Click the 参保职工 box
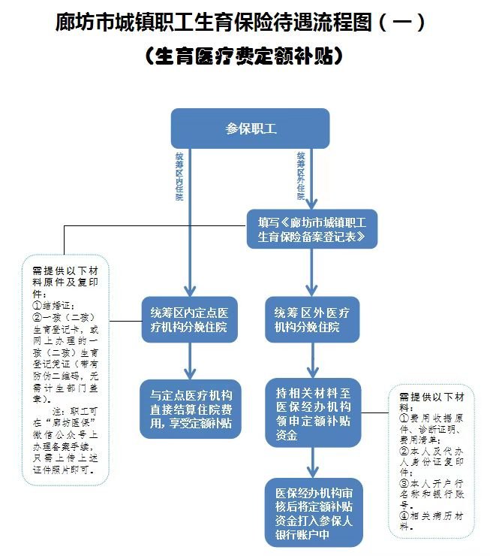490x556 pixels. [250, 128]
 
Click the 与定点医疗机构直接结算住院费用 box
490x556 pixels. [190, 408]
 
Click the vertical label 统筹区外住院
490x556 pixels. [300, 175]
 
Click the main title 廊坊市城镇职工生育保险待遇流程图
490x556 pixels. [233, 23]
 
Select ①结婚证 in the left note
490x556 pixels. [53, 307]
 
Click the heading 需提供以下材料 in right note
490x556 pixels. [434, 396]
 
